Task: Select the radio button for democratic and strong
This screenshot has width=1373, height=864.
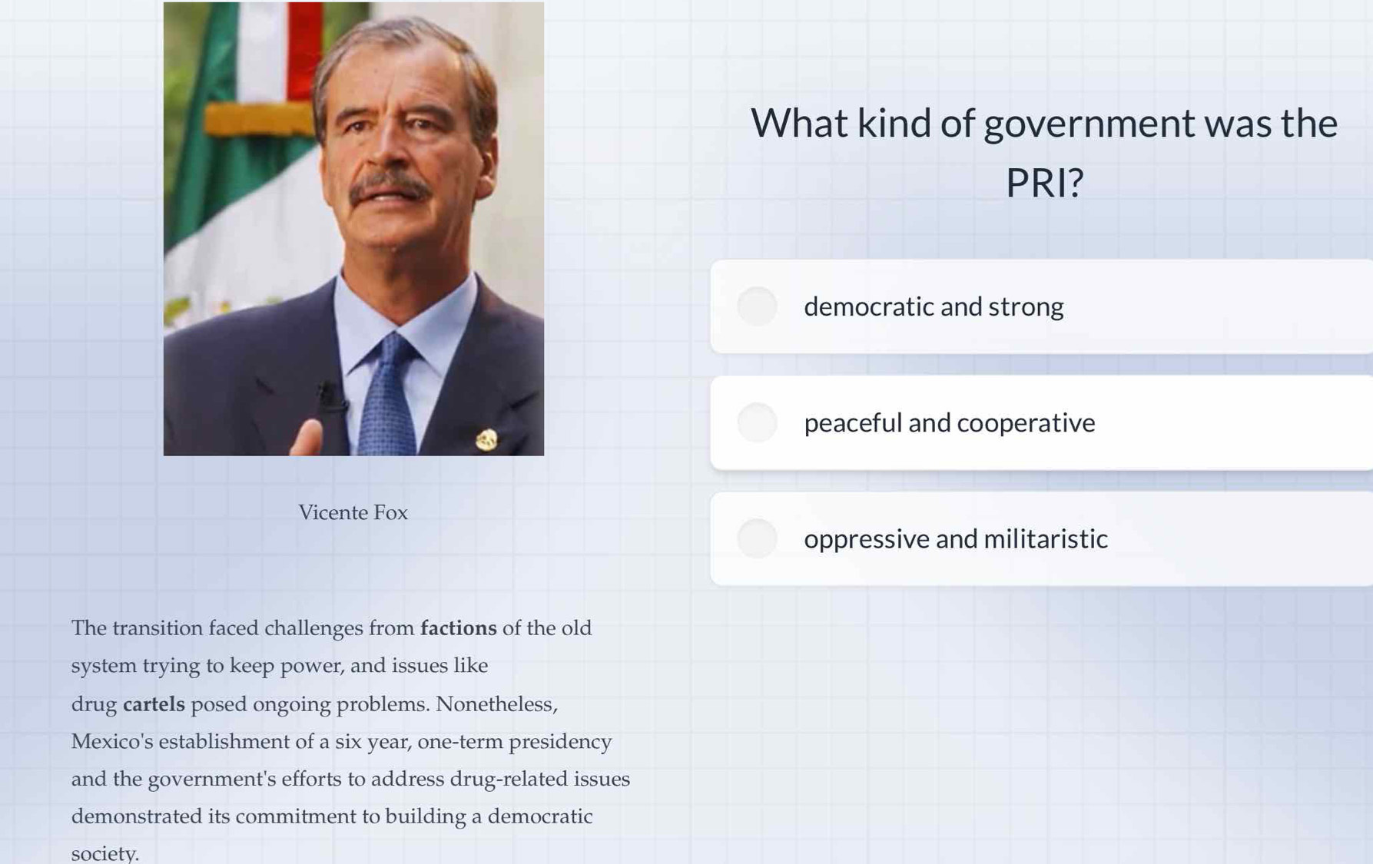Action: pyautogui.click(x=757, y=306)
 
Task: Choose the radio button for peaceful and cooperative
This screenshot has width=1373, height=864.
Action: pyautogui.click(x=757, y=422)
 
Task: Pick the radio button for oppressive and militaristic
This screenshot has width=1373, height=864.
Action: pyautogui.click(x=757, y=538)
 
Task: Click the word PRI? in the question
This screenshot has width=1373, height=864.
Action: pyautogui.click(x=1044, y=183)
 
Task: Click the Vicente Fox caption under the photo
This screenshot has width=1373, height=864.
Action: pyautogui.click(x=353, y=512)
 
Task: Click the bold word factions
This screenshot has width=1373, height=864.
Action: pyautogui.click(x=458, y=628)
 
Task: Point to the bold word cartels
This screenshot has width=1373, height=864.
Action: pyautogui.click(x=154, y=704)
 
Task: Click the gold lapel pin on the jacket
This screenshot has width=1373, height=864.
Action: pyautogui.click(x=486, y=439)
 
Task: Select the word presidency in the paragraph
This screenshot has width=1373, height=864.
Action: pyautogui.click(x=560, y=742)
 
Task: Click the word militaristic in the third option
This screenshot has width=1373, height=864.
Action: pyautogui.click(x=1046, y=538)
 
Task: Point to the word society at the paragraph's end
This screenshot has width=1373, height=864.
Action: pyautogui.click(x=104, y=853)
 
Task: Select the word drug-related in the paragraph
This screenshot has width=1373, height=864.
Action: pyautogui.click(x=499, y=780)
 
